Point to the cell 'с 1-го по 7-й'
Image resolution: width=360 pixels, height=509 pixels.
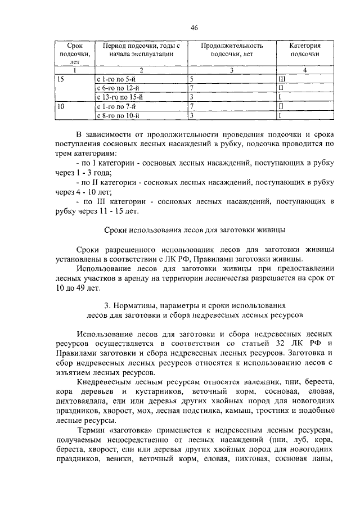[116, 106]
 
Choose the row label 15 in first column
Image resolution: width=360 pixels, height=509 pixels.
[61, 79]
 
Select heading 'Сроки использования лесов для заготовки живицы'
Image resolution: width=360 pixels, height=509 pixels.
[195, 230]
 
